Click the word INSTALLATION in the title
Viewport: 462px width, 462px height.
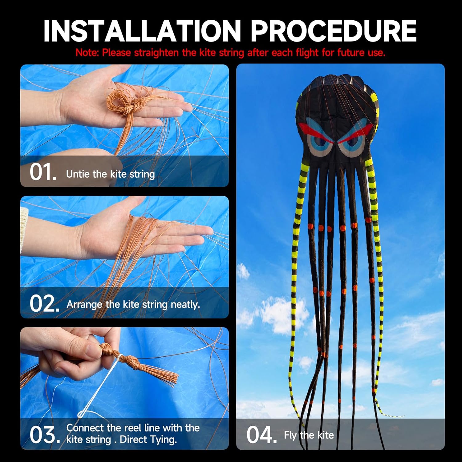coord(142,31)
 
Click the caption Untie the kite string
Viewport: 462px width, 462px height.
coord(110,174)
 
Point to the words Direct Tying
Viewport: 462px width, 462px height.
coord(148,440)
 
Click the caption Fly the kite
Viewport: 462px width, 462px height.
coord(309,435)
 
